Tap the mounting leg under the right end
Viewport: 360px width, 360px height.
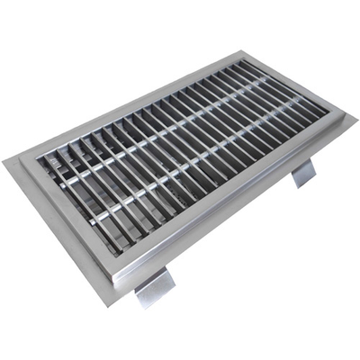(x=304, y=171)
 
